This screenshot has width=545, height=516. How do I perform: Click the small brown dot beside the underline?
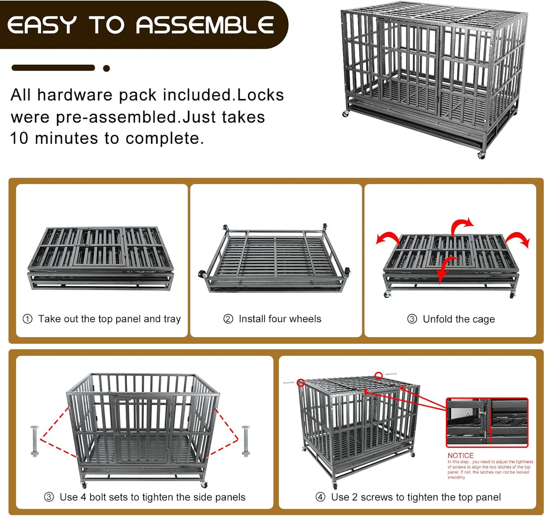coord(106,68)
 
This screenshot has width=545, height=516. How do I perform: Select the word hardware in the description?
coord(75,95)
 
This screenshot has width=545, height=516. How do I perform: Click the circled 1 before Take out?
coord(28,319)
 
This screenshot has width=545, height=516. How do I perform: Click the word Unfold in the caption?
coord(438,319)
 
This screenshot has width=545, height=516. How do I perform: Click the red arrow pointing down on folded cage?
coord(446,269)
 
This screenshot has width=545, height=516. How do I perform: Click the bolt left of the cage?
coord(35,441)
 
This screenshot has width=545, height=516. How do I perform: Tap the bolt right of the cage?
coord(246,441)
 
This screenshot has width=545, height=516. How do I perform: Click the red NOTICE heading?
coord(460,455)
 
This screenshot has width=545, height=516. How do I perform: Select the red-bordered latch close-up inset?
coord(487,422)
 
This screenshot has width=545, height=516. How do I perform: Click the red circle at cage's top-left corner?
coord(301,383)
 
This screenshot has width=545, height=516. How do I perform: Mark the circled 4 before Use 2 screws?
coord(320,497)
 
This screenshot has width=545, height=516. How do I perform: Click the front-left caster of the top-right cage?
coord(345,114)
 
